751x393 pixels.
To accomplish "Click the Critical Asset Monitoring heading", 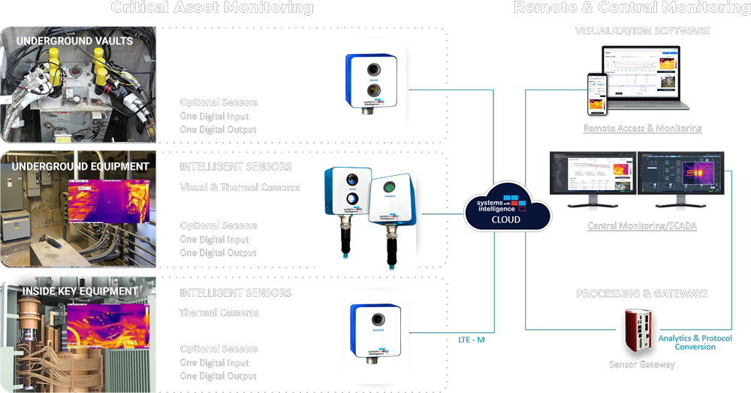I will click(x=213, y=8).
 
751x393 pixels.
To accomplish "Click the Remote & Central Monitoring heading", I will click(x=632, y=8).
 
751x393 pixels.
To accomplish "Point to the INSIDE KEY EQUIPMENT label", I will click(x=80, y=291).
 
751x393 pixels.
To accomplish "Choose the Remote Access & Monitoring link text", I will click(x=642, y=128).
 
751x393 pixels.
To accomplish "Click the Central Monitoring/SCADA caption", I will click(x=642, y=225).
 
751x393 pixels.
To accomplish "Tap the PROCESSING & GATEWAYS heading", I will click(x=642, y=294).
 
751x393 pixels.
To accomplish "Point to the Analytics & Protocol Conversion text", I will click(x=695, y=343).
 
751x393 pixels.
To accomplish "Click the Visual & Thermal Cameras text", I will click(x=240, y=188).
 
